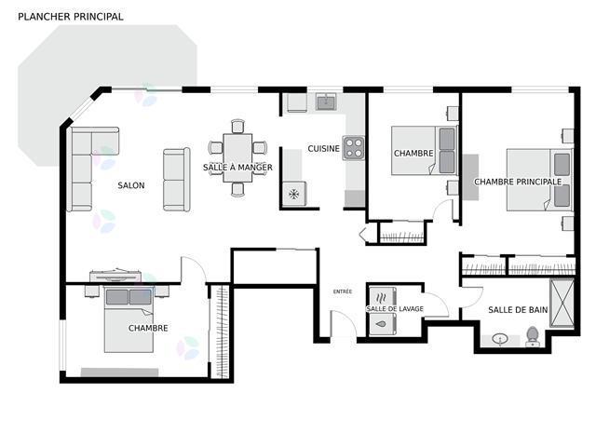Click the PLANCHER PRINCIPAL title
pos(71,17)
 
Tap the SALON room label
pos(131,185)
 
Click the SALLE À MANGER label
pos(237,168)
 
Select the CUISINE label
pos(323,149)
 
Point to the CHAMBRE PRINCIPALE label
pos(518,182)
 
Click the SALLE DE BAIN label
pos(518,310)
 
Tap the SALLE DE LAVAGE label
pos(395,309)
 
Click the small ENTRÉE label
pos(343,291)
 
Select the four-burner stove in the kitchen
pos(354,148)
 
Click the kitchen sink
pos(326,102)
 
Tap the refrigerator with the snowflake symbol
pos(294,194)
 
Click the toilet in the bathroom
pos(533,336)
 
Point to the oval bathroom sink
pos(500,338)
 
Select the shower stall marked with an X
pos(562,303)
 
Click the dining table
pos(237,157)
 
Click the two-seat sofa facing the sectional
pos(176,180)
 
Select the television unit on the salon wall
pos(115,276)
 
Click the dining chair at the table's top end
pos(237,127)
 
